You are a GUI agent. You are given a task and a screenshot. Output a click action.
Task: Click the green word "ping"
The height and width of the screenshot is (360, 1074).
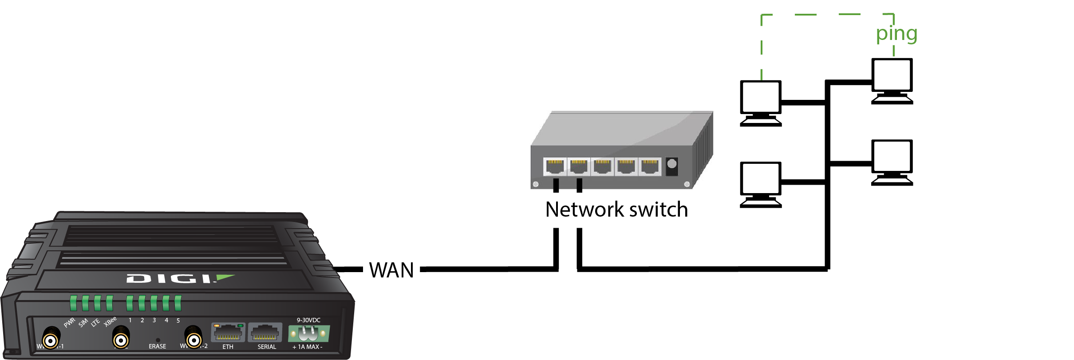click(896, 34)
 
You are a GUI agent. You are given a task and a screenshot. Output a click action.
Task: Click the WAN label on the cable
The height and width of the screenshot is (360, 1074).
click(391, 270)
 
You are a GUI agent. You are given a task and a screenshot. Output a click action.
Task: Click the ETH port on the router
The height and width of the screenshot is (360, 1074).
click(228, 332)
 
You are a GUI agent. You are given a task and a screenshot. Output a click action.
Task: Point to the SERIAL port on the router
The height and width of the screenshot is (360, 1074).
click(265, 332)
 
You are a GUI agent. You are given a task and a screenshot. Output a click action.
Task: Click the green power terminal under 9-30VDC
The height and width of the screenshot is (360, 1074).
click(309, 333)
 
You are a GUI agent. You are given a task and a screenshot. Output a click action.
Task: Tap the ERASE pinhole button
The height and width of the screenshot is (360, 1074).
click(158, 340)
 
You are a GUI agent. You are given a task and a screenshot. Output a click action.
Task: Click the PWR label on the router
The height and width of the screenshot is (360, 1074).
click(69, 323)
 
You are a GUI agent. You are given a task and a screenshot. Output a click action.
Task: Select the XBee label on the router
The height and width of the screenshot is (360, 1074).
click(110, 321)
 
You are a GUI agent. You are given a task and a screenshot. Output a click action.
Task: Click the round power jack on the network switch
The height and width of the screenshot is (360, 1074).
click(672, 164)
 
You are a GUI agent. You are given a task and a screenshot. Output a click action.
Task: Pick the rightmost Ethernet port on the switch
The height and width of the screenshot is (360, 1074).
click(650, 167)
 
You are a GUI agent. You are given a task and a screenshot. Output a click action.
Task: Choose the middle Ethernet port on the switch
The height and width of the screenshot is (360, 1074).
click(602, 167)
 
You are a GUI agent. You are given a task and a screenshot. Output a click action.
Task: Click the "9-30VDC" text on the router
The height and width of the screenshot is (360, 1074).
click(308, 320)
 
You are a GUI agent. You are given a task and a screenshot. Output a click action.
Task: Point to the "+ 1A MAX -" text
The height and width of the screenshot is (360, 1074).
click(307, 347)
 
